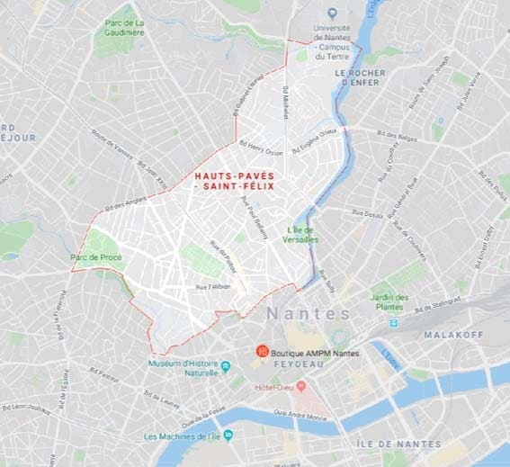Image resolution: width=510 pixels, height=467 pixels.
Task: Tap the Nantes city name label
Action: pos(308,314)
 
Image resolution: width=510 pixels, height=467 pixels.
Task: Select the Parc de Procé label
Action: pos(96,257)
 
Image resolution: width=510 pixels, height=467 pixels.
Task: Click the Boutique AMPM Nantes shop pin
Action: pos(262,350)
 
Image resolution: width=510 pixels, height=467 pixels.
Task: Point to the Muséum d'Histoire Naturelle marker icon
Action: pos(226,366)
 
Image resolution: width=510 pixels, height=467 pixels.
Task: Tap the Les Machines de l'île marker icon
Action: pos(228,435)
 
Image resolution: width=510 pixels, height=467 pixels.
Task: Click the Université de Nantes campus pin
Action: pos(333,13)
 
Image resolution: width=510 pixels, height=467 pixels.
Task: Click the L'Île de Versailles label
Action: pos(301,234)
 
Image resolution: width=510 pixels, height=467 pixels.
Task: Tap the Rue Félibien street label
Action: pos(213,286)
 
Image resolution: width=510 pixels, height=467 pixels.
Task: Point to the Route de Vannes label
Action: pos(111,145)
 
